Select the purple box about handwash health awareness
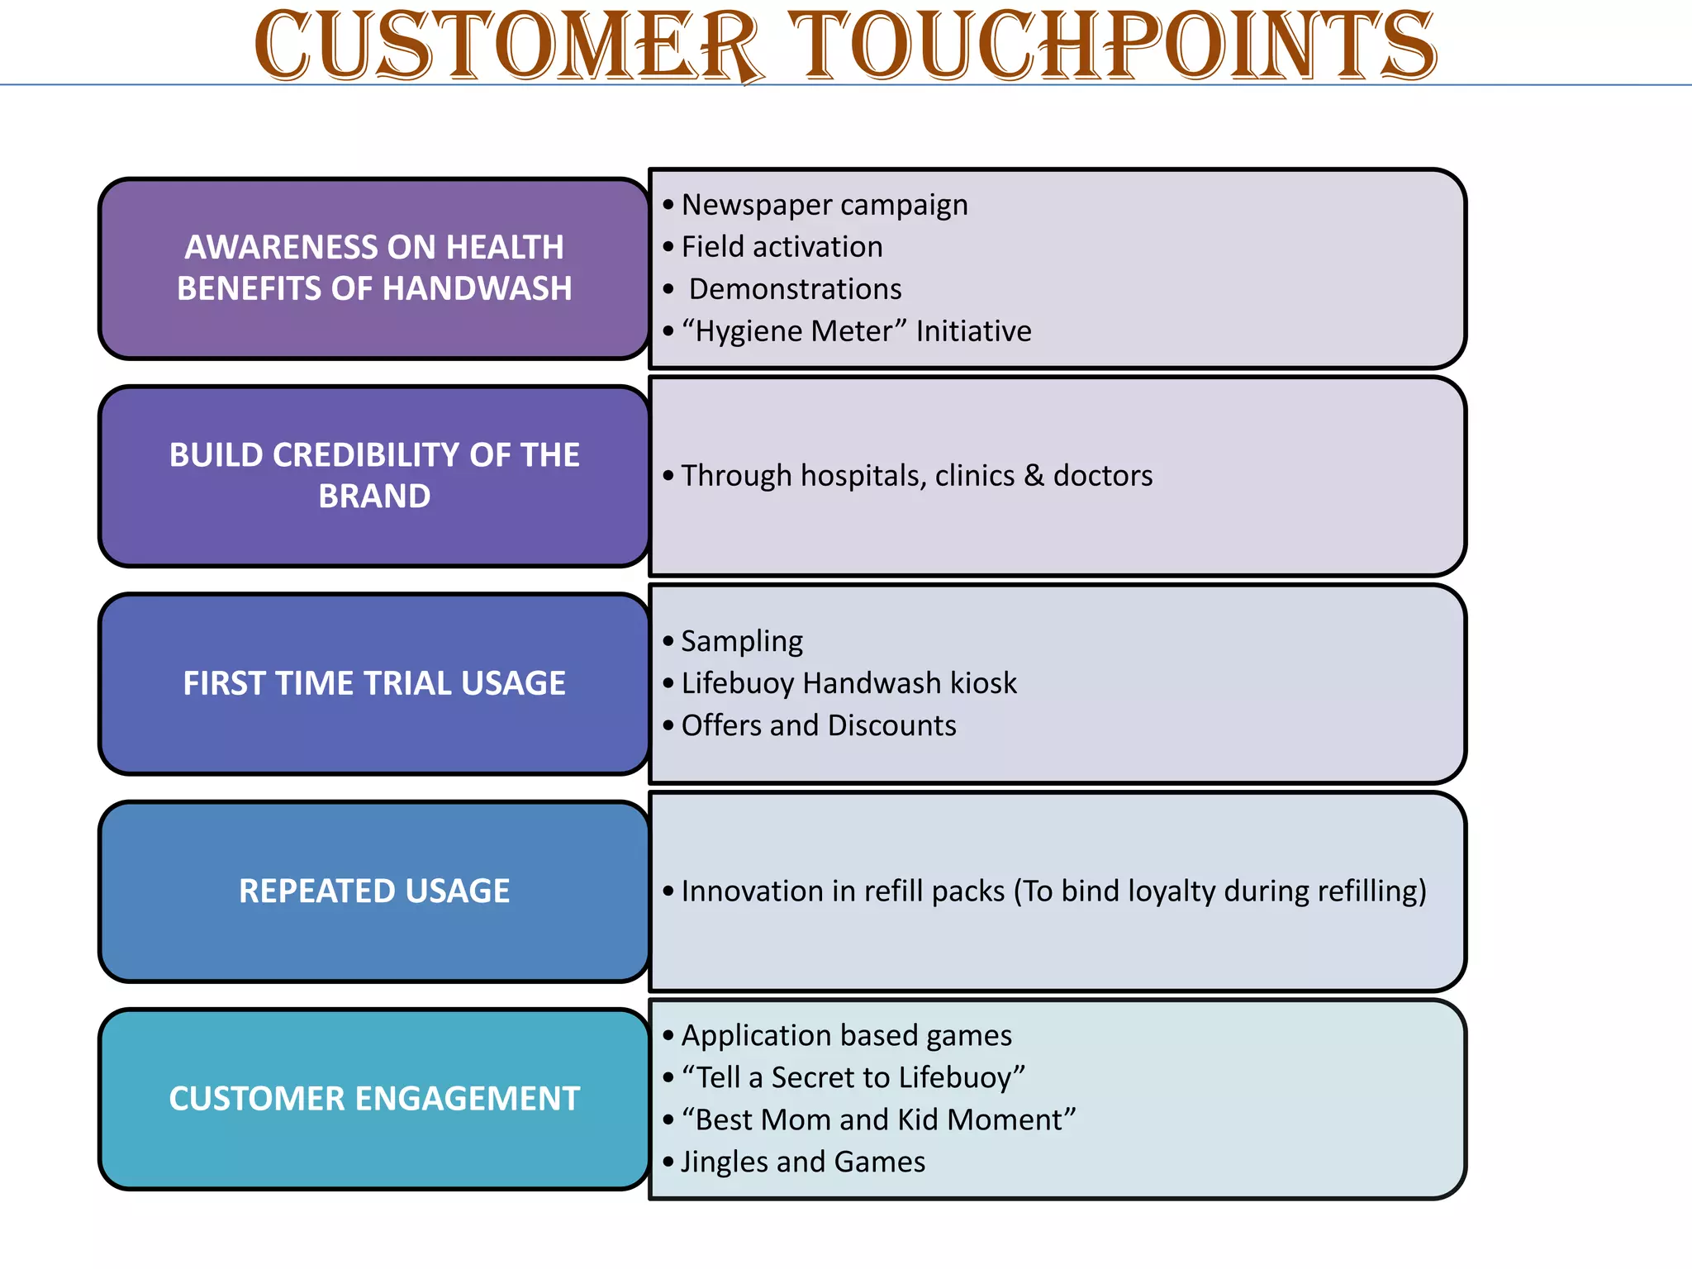(x=374, y=269)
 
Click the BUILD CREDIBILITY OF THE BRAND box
(x=374, y=476)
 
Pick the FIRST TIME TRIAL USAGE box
(x=374, y=683)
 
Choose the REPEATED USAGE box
(x=374, y=891)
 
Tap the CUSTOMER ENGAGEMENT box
(x=374, y=1099)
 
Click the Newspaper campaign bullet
(x=824, y=205)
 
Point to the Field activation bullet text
(x=782, y=247)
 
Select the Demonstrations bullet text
(x=795, y=289)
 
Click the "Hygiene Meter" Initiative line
(x=856, y=331)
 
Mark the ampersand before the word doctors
(x=1034, y=476)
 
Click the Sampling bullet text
(x=742, y=641)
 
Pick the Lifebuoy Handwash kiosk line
(x=848, y=683)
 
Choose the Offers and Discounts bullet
(x=818, y=725)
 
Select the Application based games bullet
(x=846, y=1036)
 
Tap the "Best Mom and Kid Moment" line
(x=878, y=1120)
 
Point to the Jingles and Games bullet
(x=802, y=1162)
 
